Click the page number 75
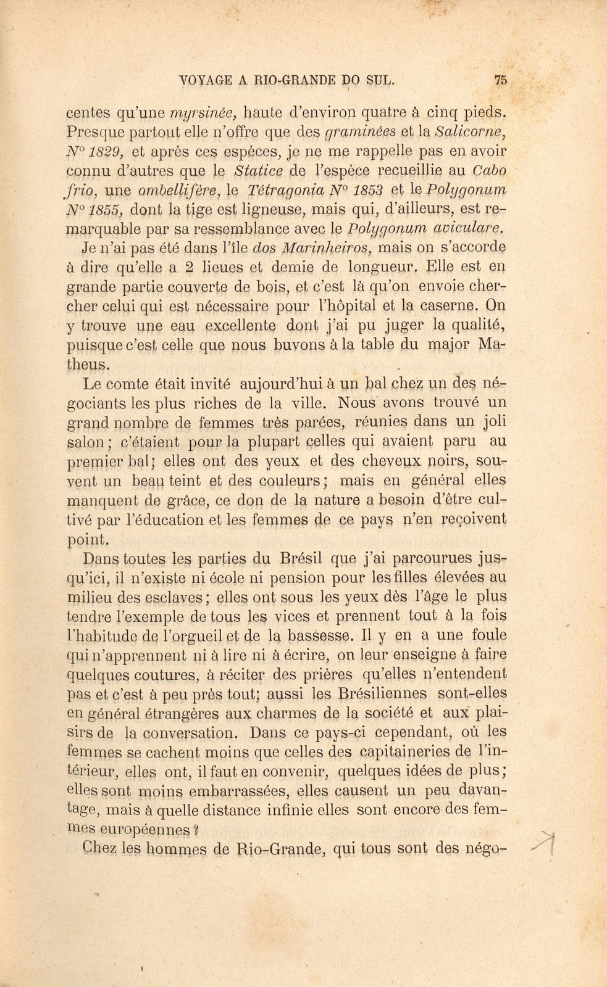coord(500,79)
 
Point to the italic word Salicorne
coord(471,132)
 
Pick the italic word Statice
coord(260,170)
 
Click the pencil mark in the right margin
coord(546,841)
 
